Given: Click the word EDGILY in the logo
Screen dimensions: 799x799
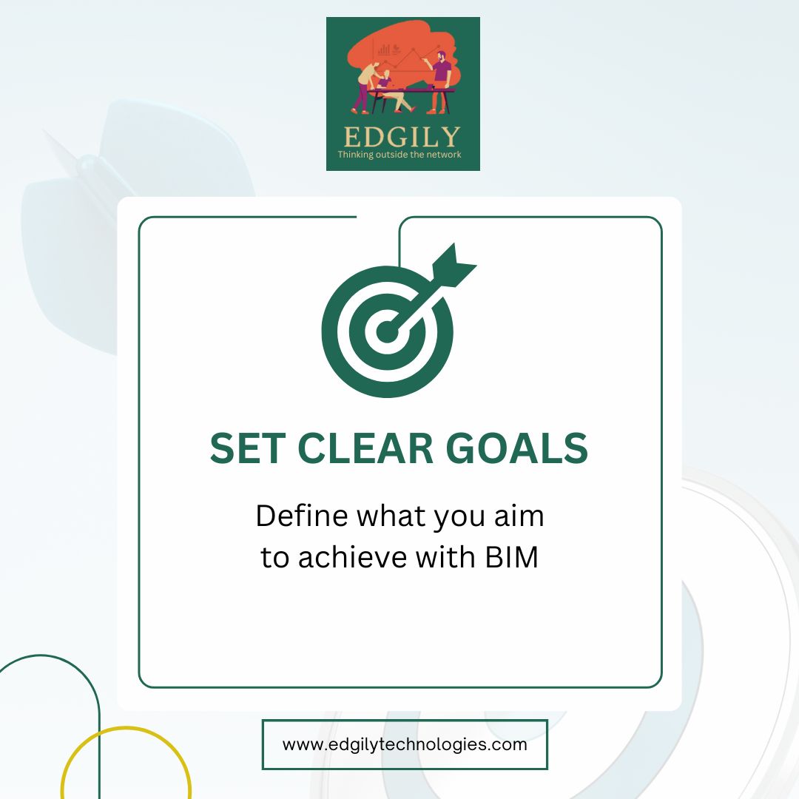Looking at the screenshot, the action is tap(402, 137).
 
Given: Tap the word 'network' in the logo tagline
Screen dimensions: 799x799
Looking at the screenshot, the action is tap(445, 155).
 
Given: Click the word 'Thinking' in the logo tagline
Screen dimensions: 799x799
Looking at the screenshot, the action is tap(356, 155).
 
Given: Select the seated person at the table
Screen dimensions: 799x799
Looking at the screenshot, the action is tap(392, 91).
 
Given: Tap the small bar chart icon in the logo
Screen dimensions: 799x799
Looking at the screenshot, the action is tap(384, 50).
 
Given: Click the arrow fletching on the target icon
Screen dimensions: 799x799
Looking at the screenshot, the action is tap(453, 264).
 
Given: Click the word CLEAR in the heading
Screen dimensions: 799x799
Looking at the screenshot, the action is tap(365, 448).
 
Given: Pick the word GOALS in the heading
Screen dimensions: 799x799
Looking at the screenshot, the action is tap(517, 448).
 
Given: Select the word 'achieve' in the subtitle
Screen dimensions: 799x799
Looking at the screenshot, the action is tap(352, 557).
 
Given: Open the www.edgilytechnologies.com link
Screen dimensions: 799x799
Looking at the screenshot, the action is tap(405, 744).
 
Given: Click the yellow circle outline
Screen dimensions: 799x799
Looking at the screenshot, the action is tap(127, 727).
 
